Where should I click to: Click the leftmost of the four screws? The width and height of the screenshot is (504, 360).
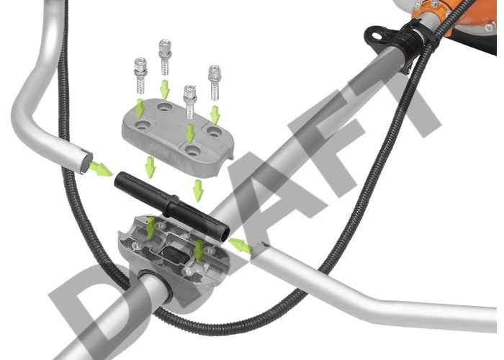141,75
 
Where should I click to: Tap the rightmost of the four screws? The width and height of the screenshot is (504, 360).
214,82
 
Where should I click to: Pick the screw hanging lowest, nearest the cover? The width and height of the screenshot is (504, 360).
190,102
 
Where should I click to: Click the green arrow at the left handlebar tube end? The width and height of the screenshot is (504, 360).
101,168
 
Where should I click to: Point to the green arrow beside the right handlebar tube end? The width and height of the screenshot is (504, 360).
240,246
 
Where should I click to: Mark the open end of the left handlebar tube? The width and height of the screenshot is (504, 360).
86,161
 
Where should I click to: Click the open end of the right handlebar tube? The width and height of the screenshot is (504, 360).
258,254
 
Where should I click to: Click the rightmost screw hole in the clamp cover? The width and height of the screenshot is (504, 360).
213,130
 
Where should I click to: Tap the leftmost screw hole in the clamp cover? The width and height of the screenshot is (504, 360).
141,125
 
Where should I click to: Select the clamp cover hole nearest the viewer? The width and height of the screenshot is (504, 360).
192,150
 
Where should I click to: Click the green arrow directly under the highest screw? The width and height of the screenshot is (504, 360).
165,90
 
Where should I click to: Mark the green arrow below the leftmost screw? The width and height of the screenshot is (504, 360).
140,109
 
